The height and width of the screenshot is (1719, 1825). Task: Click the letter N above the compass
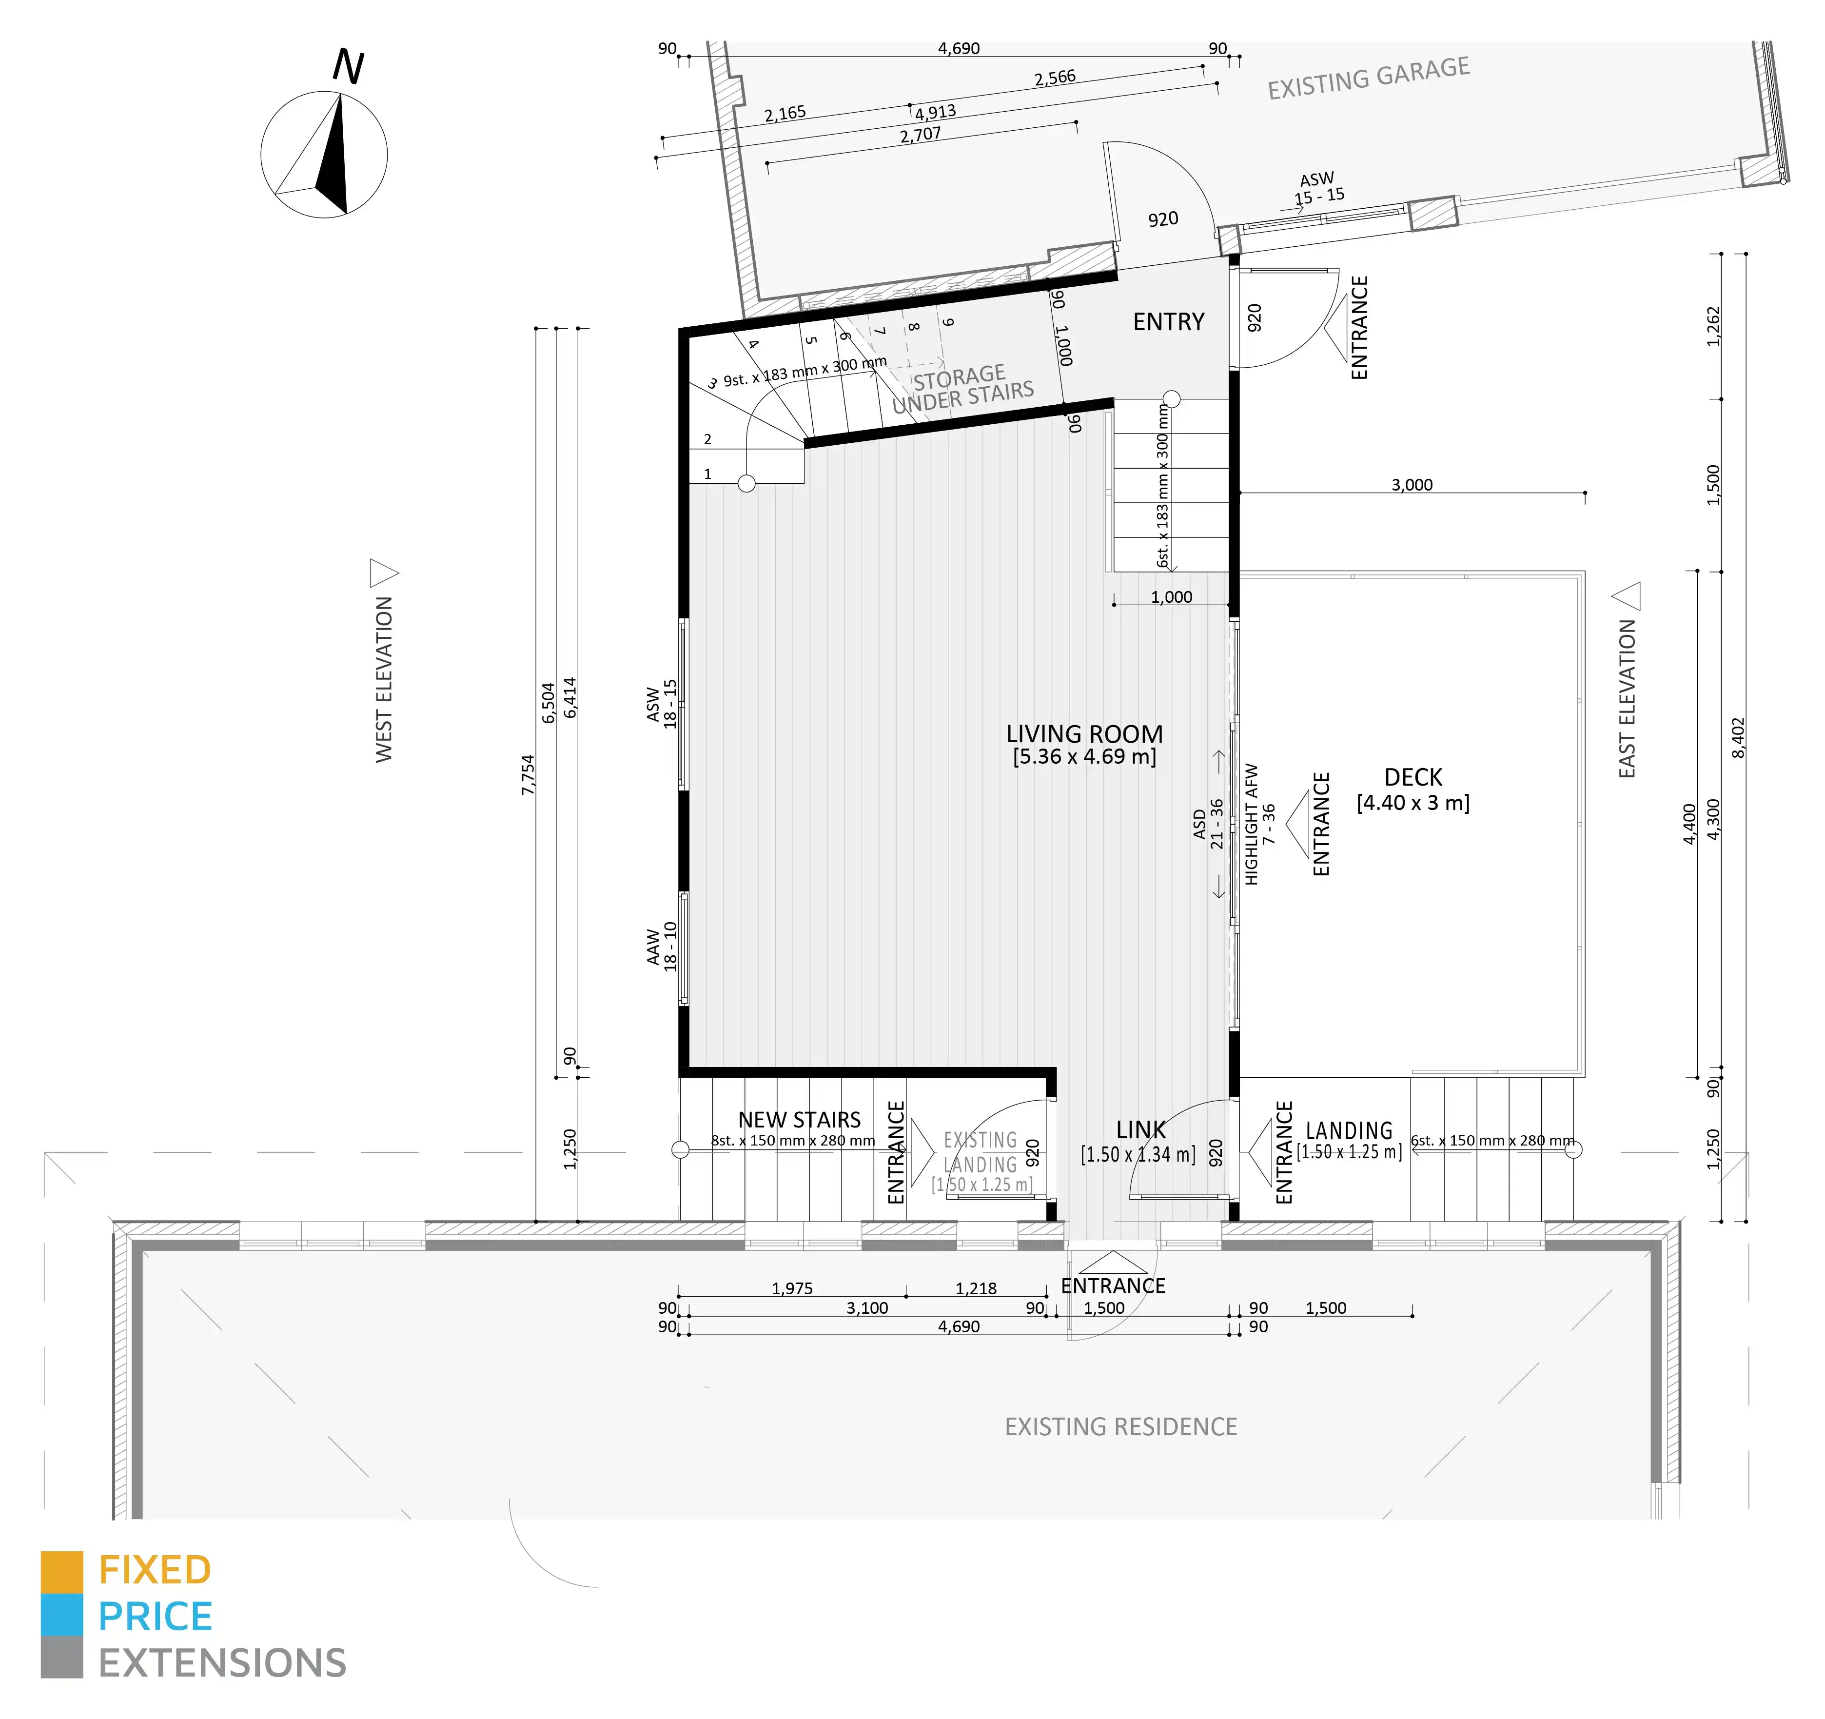coord(348,66)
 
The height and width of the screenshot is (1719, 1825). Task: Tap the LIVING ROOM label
coord(1084,734)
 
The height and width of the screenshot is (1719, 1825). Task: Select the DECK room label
coord(1413,778)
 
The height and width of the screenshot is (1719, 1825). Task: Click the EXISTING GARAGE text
coord(1369,78)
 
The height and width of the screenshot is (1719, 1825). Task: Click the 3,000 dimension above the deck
coord(1412,485)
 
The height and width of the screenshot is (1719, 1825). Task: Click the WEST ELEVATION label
coord(384,679)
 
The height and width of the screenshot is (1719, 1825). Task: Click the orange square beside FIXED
coord(61,1572)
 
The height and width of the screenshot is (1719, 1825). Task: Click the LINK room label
coord(1141,1130)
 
